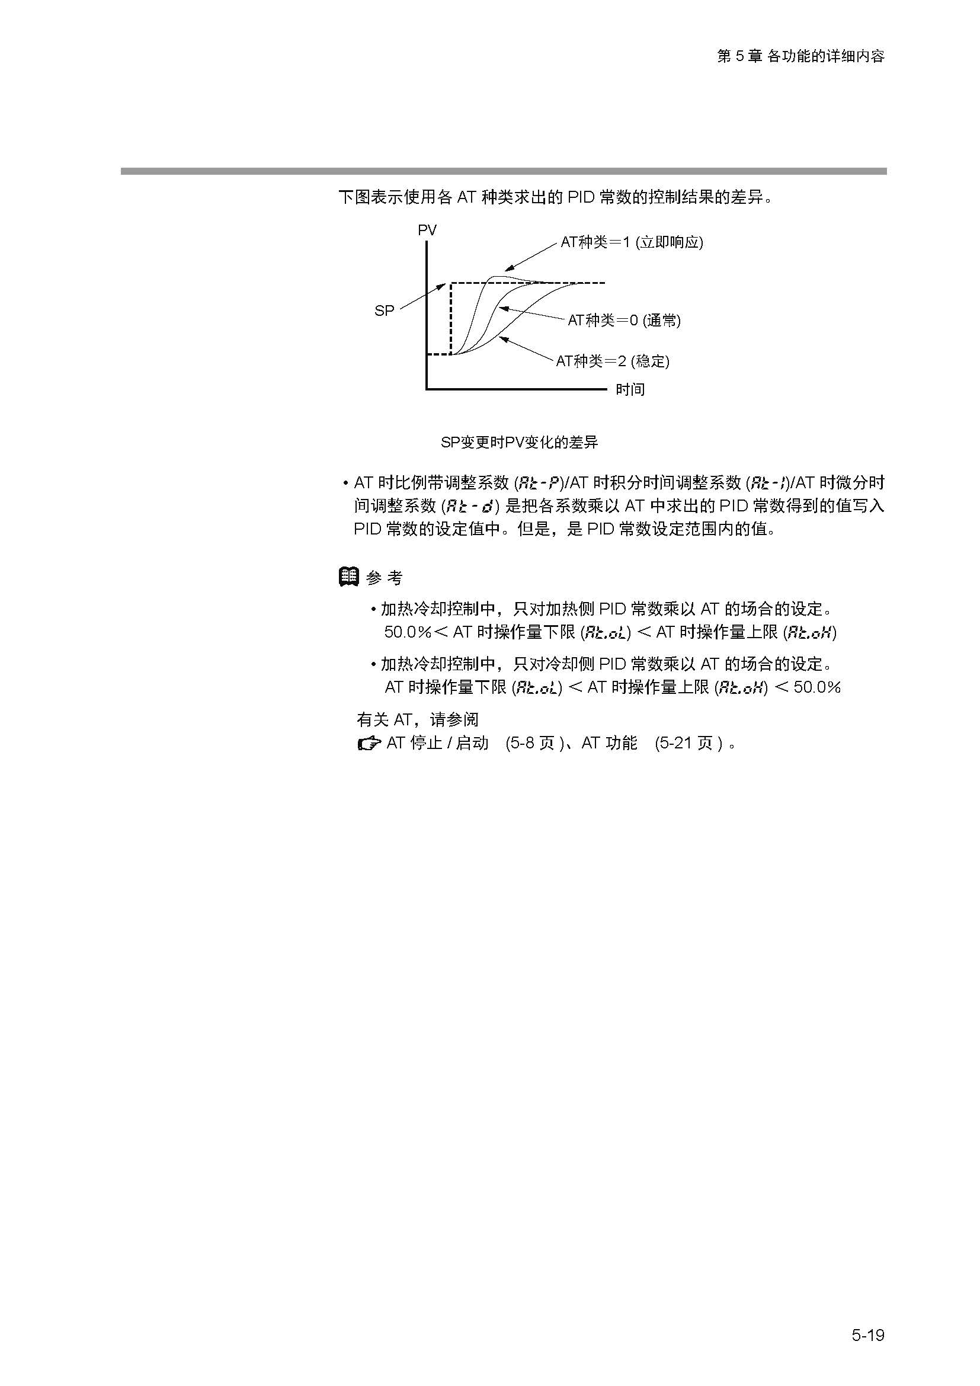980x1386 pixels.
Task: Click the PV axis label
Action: tap(427, 230)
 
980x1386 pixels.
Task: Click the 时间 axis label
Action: tap(630, 389)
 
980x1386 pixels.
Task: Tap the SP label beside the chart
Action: tap(385, 311)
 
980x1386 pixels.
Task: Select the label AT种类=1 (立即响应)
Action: tap(632, 242)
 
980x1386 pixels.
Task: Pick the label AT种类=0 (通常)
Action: tap(624, 321)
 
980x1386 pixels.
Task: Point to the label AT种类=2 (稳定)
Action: tap(613, 361)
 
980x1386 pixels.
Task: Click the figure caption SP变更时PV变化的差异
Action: tap(519, 443)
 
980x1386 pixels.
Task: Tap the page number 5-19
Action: tap(868, 1335)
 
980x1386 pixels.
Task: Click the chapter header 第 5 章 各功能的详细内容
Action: tap(801, 56)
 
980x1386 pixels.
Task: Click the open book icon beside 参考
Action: tap(349, 577)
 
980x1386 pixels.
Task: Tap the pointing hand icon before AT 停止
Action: tap(369, 744)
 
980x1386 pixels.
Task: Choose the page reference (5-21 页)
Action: tap(688, 743)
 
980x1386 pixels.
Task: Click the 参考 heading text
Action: tap(385, 578)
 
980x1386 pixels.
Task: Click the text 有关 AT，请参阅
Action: tap(418, 719)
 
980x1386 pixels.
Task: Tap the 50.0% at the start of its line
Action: tap(408, 632)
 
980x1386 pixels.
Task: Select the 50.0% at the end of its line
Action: tap(817, 687)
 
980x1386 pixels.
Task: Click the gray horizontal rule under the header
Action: tap(503, 171)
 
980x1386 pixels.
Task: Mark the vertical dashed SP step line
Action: tap(451, 318)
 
